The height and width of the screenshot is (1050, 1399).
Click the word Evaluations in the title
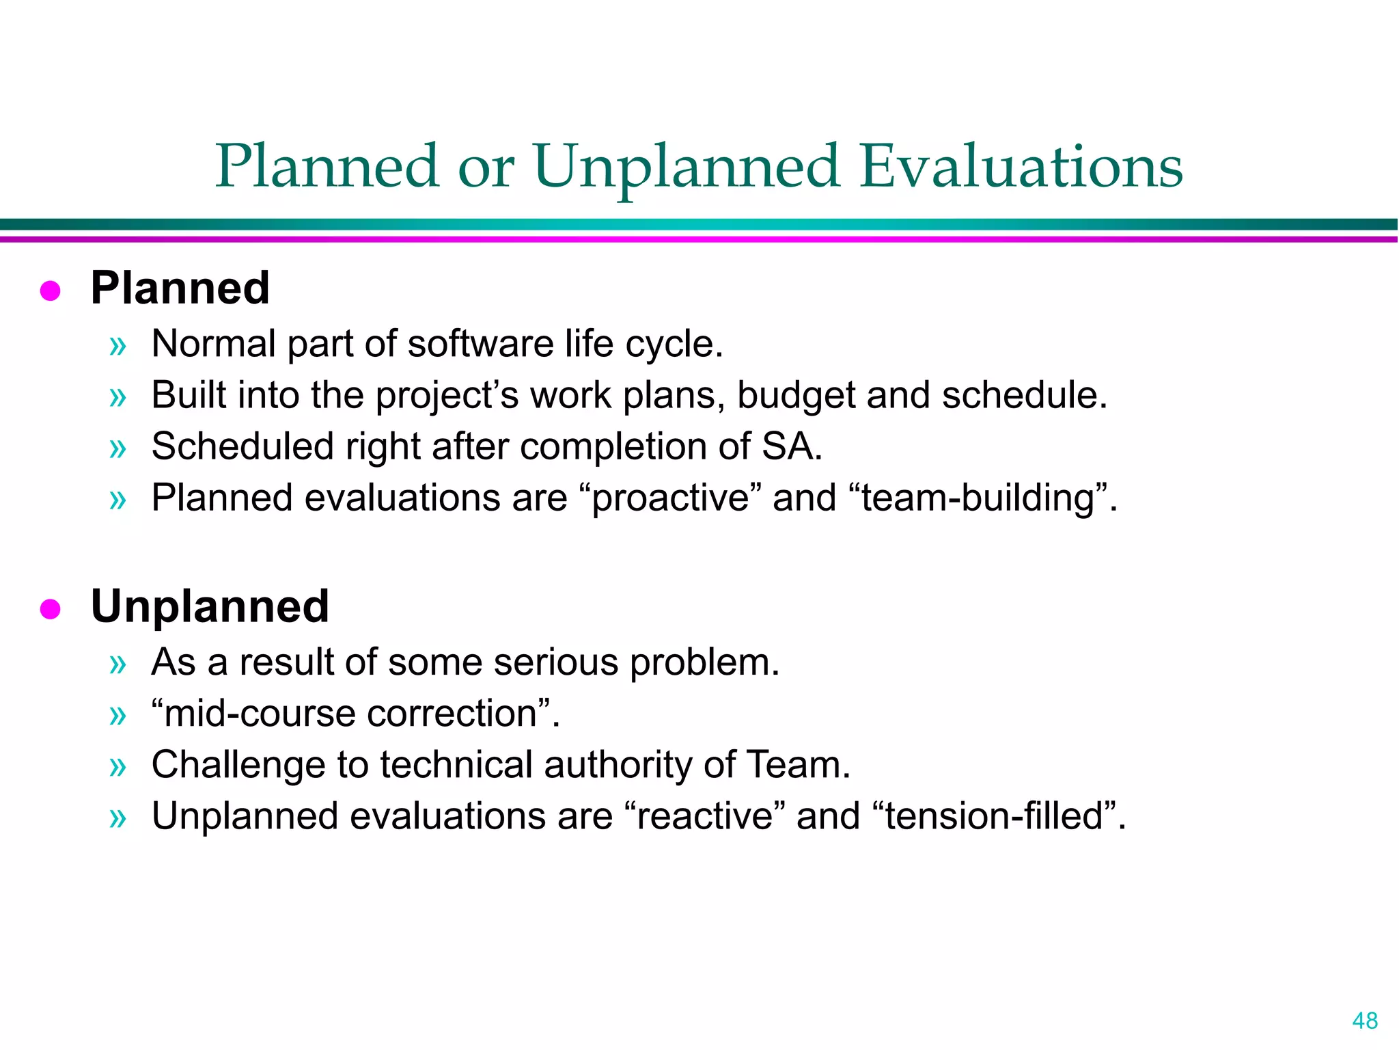tap(1021, 167)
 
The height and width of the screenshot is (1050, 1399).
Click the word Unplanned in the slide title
tap(685, 167)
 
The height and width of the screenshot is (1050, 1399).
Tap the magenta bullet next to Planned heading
tap(51, 291)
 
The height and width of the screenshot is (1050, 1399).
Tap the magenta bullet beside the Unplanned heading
tap(51, 608)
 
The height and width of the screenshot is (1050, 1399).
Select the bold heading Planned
tap(180, 288)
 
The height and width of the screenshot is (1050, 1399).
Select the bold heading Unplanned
tap(210, 606)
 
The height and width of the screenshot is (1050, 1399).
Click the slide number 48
tap(1365, 1021)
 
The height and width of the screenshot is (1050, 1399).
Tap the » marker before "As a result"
tap(118, 664)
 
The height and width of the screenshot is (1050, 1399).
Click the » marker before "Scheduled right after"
tap(118, 448)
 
